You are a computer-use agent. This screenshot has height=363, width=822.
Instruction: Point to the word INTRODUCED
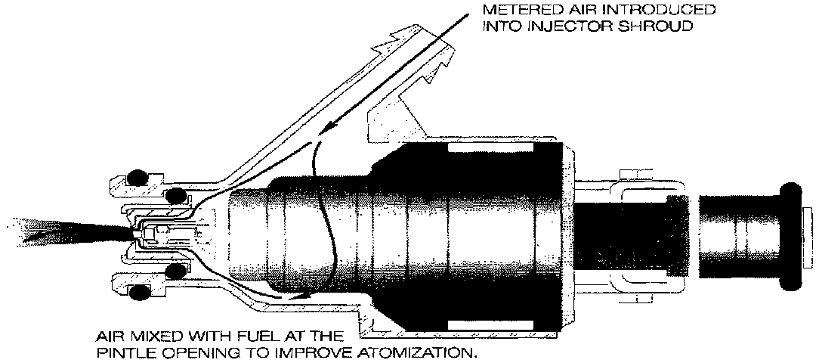[x=669, y=11]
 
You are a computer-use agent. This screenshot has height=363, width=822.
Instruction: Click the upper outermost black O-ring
[x=136, y=178]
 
